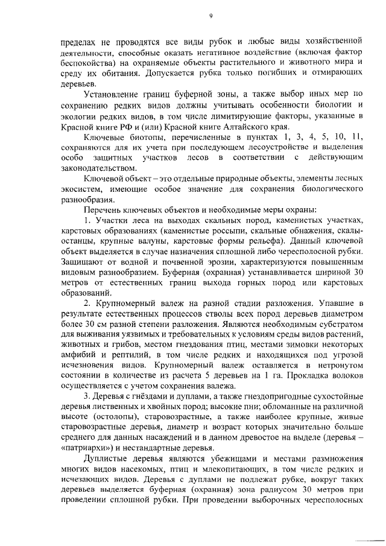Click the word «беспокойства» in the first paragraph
[x=89, y=62]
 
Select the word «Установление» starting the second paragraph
[x=114, y=94]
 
